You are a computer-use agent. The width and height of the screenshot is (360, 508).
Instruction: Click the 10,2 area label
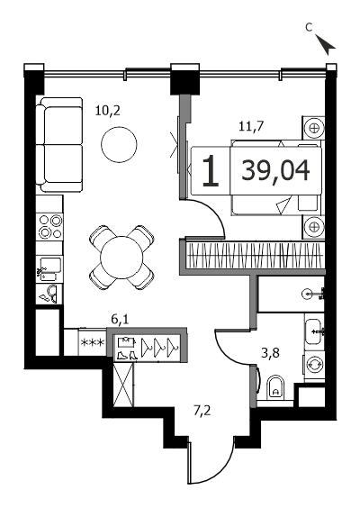108,111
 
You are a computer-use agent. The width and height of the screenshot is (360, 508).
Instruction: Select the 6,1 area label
120,320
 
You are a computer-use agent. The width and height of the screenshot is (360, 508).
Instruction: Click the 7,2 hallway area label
202,411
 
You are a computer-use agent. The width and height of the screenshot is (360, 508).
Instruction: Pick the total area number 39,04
275,171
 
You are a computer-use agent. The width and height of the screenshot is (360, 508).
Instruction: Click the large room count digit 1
211,171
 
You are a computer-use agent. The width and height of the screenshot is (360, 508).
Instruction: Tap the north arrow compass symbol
325,44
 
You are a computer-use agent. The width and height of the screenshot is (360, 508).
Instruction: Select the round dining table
121,258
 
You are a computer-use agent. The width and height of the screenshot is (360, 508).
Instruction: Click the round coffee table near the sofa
119,145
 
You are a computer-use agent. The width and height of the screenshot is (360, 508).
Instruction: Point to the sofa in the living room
59,144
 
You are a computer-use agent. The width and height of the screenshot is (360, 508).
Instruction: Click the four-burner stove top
49,226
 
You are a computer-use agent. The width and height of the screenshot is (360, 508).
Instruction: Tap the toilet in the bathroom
275,387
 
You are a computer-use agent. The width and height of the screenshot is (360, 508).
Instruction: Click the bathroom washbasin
313,331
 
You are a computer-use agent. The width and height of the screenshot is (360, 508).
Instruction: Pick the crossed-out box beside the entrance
123,384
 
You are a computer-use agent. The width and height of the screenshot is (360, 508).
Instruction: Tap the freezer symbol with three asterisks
93,342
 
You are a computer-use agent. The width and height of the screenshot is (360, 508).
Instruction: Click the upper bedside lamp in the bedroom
313,127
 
